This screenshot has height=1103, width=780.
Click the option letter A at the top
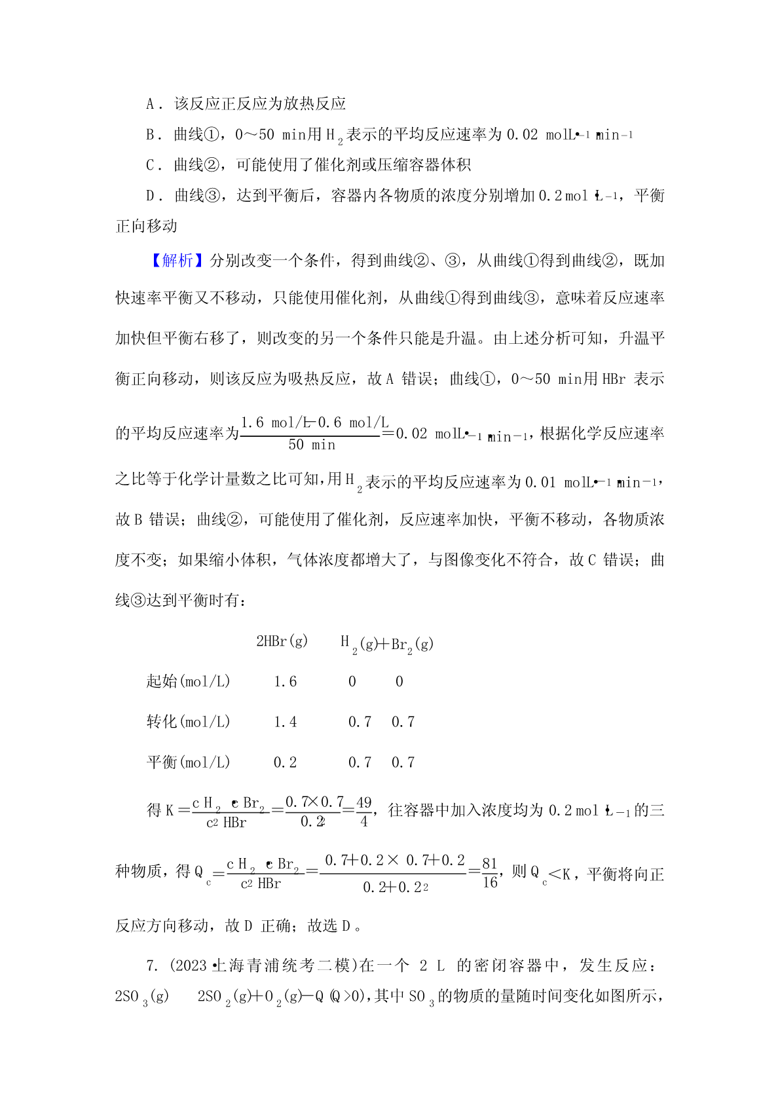[x=151, y=104]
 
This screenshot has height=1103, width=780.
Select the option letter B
[x=151, y=135]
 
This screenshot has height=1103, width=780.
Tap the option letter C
[x=151, y=165]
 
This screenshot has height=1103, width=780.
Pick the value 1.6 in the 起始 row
[x=285, y=682]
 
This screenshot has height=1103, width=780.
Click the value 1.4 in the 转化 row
[x=285, y=722]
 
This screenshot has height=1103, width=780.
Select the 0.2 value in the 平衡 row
[x=285, y=763]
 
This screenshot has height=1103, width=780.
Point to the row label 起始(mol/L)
[x=188, y=682]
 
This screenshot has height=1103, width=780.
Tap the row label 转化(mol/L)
[x=188, y=722]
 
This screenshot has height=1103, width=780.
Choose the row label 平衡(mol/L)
[x=188, y=763]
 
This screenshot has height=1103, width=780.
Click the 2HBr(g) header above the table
[x=282, y=641]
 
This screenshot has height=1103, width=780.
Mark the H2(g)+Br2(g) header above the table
[x=386, y=644]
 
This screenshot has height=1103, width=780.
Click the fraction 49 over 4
[x=364, y=812]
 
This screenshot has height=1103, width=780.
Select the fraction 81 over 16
[x=490, y=873]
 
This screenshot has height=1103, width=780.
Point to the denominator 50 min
[x=312, y=445]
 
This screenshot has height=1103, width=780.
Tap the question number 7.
[x=152, y=966]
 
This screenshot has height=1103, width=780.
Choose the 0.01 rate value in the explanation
[x=540, y=483]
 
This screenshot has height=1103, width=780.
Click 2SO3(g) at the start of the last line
[x=141, y=997]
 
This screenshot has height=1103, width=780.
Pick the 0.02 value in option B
[x=522, y=135]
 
